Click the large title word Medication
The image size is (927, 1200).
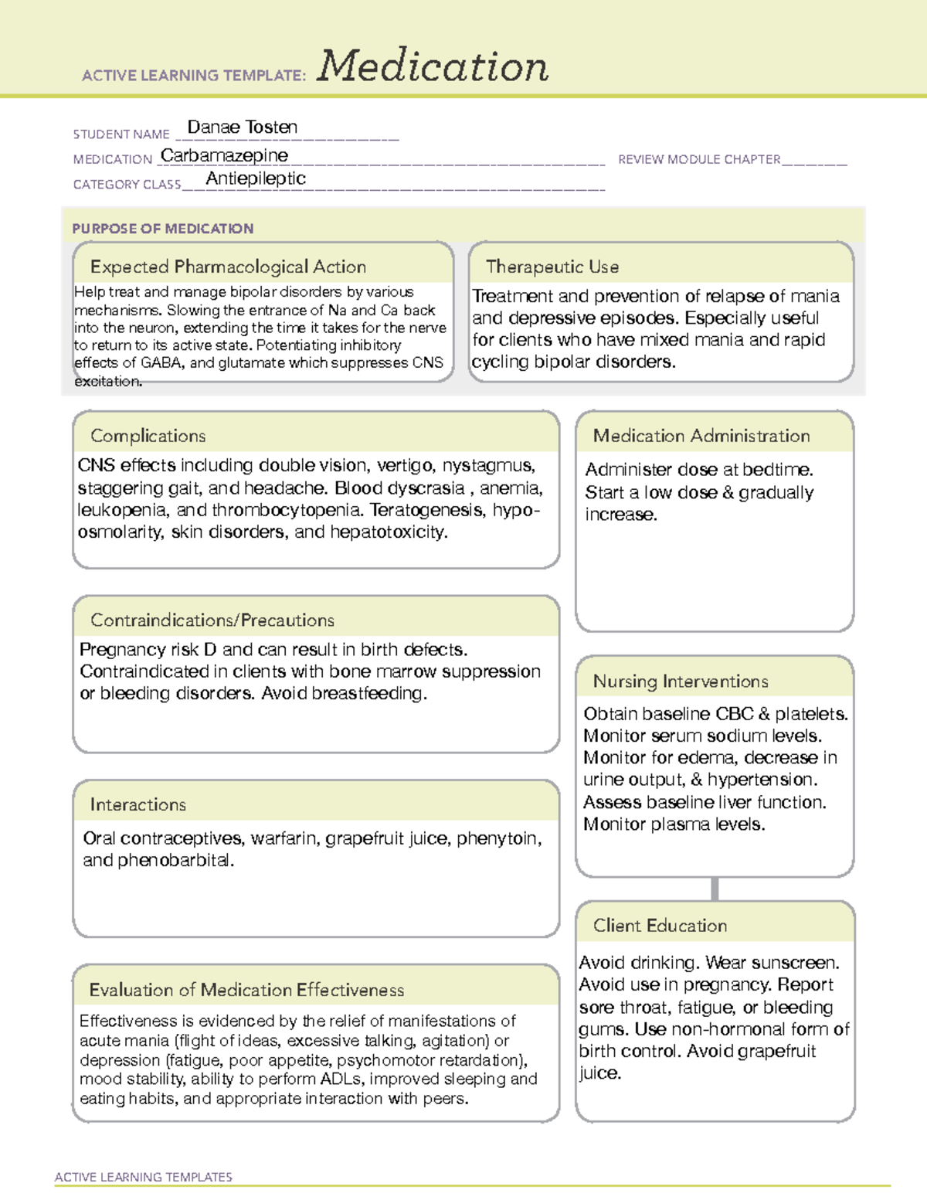433,66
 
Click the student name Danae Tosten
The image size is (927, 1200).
242,127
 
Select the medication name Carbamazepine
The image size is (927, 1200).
224,156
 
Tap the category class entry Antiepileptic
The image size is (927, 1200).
256,178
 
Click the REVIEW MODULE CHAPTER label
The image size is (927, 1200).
699,160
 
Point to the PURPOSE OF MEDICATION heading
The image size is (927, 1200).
162,229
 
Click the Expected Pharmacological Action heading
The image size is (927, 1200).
228,267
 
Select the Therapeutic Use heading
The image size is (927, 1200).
552,267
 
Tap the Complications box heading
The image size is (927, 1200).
148,436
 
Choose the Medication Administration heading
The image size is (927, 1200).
701,436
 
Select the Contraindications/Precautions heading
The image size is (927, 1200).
212,620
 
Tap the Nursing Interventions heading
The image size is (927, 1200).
680,682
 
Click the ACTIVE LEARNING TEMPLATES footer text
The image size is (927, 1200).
143,1177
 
